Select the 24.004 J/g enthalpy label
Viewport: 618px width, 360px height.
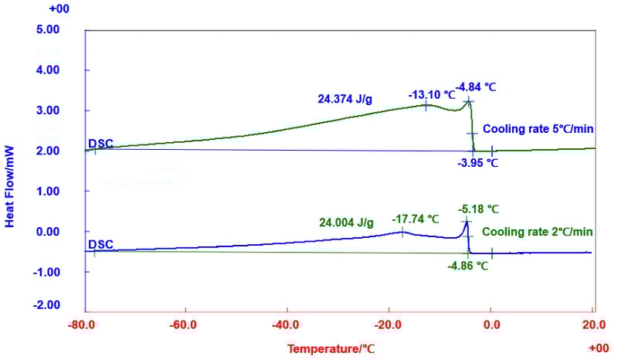click(x=346, y=222)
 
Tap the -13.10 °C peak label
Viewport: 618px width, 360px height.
click(x=430, y=95)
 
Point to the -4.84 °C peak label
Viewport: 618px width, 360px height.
click(x=476, y=87)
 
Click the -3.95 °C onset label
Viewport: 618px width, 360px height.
click(x=478, y=163)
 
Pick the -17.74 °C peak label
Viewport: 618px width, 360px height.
click(x=412, y=219)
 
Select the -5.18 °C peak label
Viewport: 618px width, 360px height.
click(x=478, y=209)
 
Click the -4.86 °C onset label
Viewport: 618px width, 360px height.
click(x=468, y=265)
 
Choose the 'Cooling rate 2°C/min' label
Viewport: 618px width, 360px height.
click(x=538, y=232)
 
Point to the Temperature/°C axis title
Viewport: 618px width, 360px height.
click(x=331, y=349)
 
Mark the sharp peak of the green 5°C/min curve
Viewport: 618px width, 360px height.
click(x=468, y=100)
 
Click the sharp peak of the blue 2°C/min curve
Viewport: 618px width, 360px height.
click(x=467, y=222)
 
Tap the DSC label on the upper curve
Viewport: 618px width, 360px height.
click(x=100, y=143)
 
